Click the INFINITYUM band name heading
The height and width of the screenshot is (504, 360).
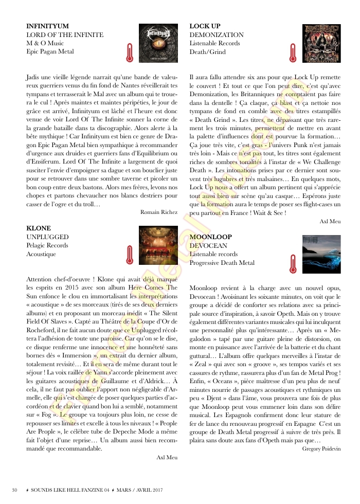(47, 26)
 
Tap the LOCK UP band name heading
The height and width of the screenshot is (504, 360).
(205, 26)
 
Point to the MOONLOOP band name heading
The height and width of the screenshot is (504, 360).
(211, 237)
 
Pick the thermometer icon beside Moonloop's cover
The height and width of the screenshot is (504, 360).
(292, 263)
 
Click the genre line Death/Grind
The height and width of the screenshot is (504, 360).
(207, 51)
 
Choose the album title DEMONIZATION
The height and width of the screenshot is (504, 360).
(217, 34)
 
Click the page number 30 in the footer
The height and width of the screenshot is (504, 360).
(15, 489)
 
